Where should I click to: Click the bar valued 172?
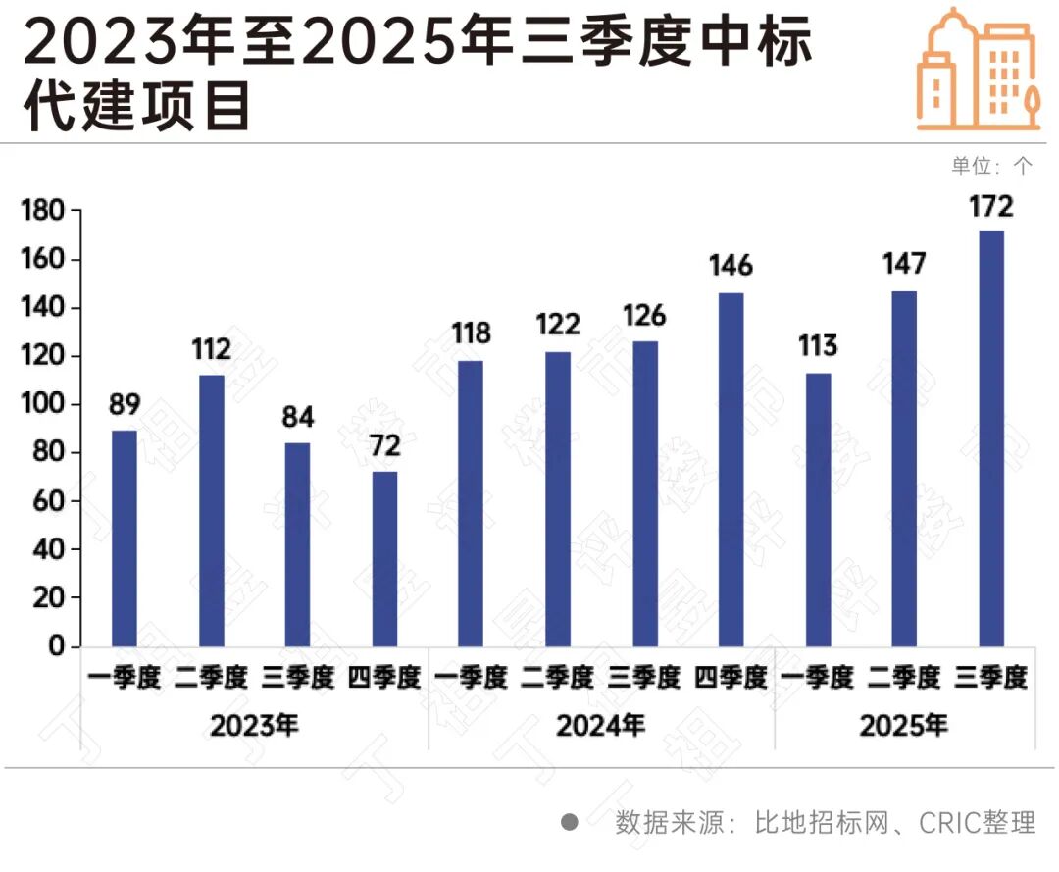(992, 438)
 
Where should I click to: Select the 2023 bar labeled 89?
(125, 539)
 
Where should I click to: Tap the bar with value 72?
(384, 559)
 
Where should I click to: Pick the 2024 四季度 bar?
(731, 470)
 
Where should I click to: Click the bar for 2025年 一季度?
(818, 510)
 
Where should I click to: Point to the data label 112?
(212, 349)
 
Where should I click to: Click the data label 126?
(645, 316)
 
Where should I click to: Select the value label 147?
(904, 264)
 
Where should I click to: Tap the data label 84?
(298, 418)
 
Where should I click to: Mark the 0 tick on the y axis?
(58, 646)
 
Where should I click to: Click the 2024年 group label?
(601, 727)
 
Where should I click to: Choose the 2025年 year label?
(904, 727)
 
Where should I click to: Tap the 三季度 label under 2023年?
(298, 678)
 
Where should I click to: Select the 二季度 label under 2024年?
(558, 678)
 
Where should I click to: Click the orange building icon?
(979, 70)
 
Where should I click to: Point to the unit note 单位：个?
(991, 166)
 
